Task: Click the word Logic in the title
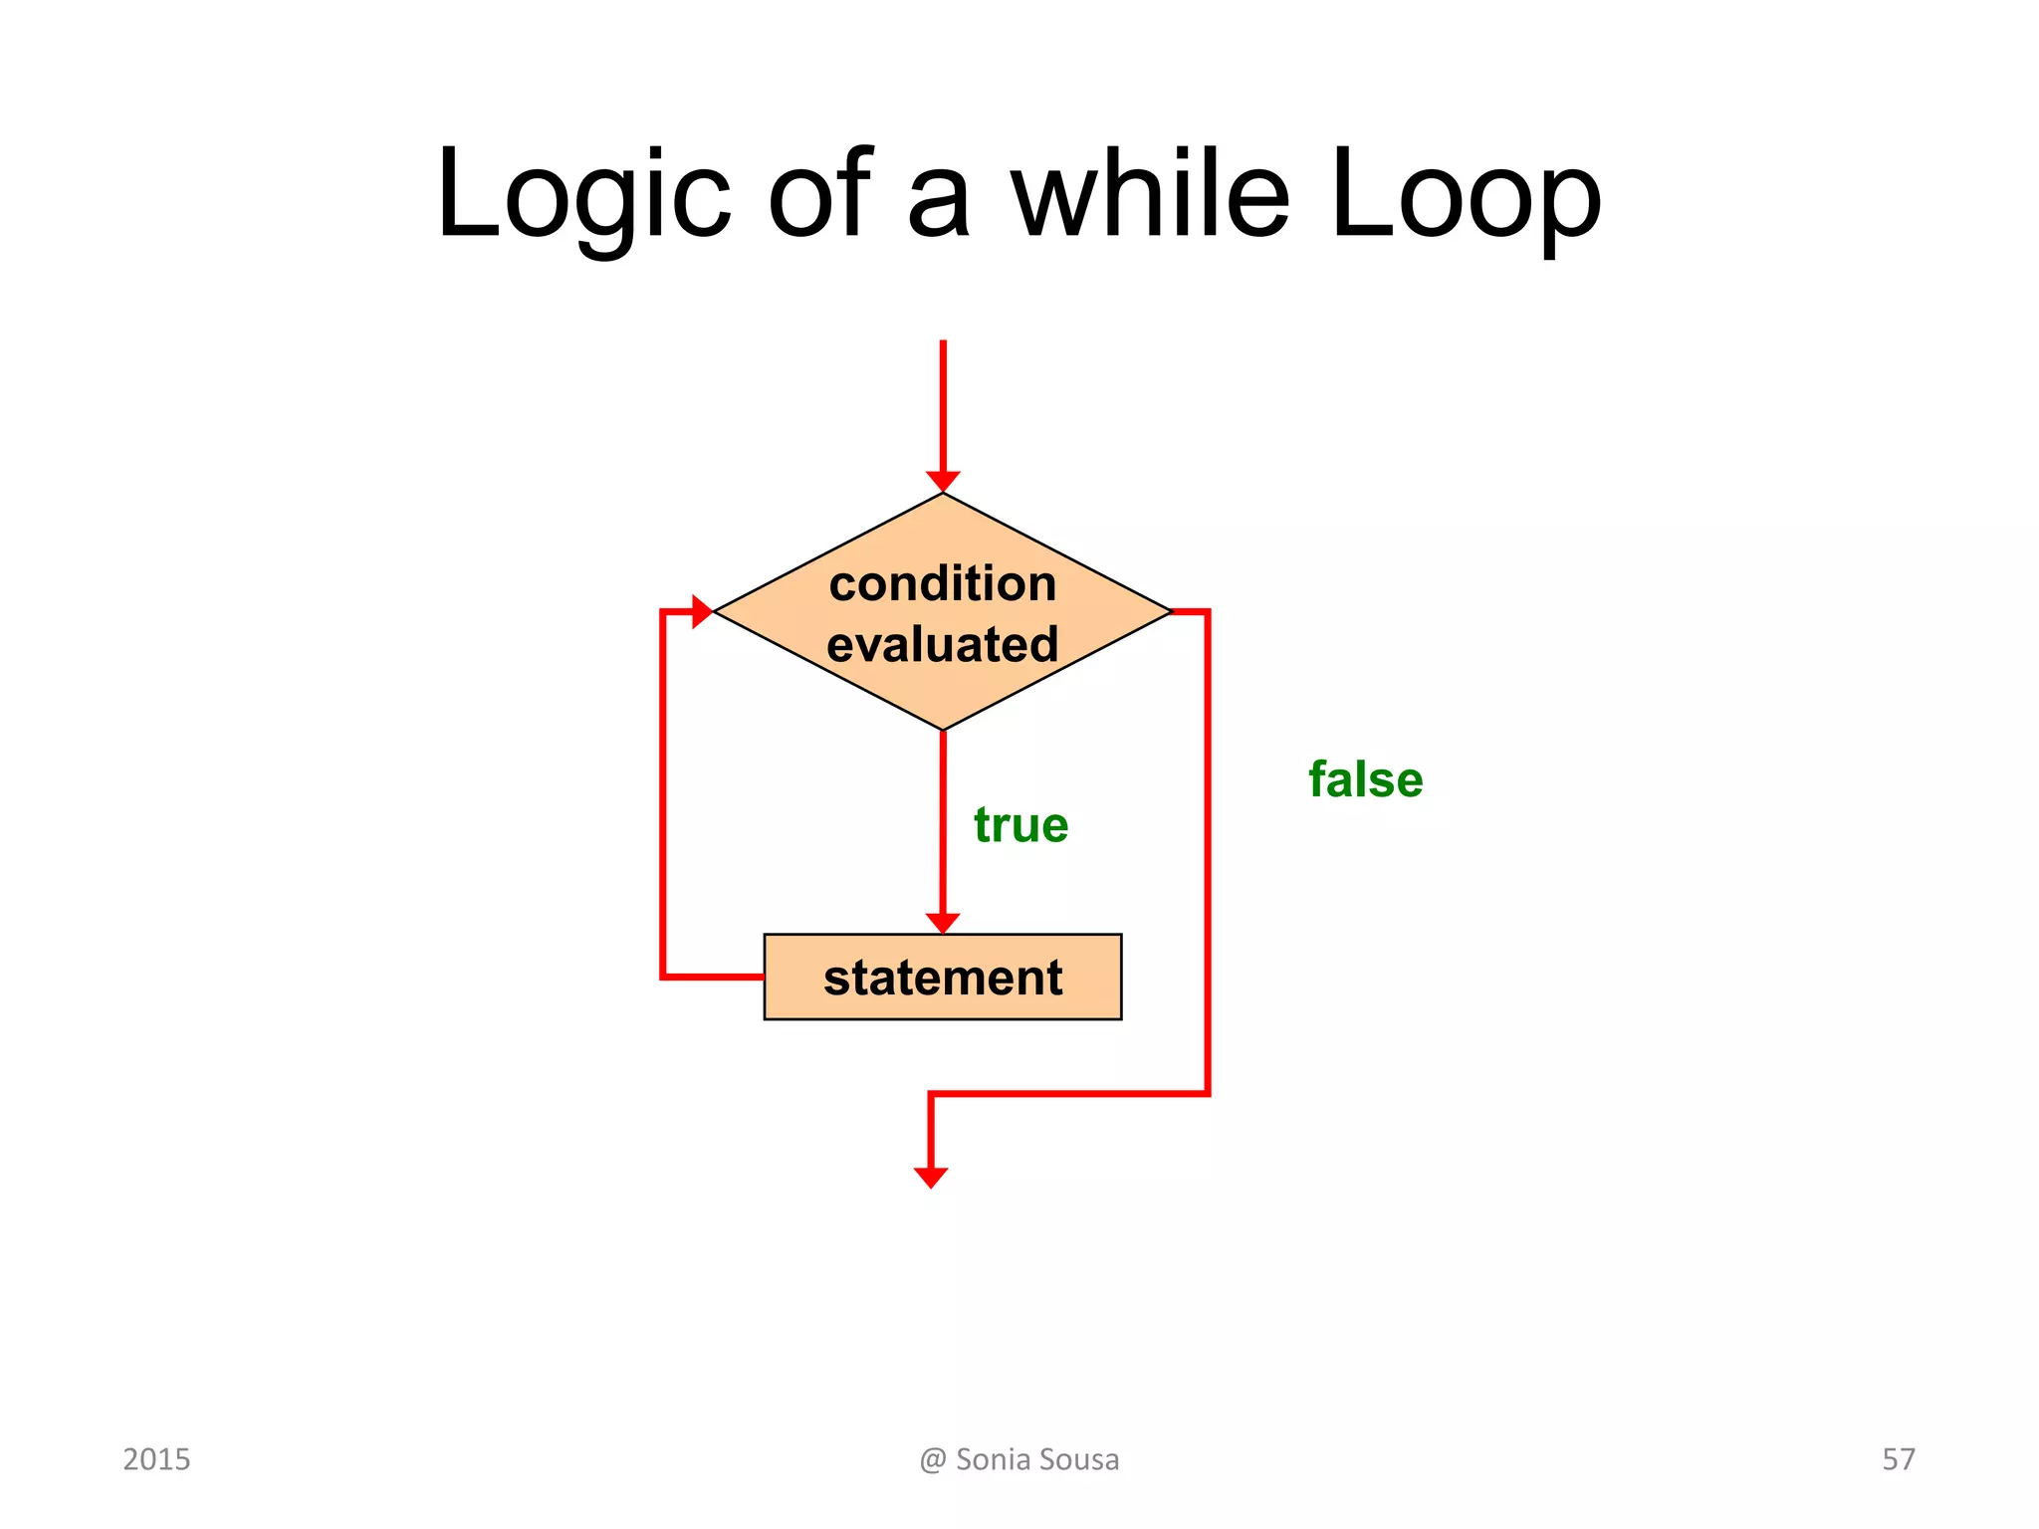click(x=583, y=194)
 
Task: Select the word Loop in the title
click(x=1466, y=194)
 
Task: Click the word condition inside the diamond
click(x=943, y=583)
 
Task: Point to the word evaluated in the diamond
click(x=943, y=644)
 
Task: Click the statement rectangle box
click(x=943, y=977)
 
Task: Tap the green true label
click(x=1020, y=825)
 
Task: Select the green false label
click(x=1365, y=779)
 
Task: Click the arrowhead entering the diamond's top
click(x=943, y=482)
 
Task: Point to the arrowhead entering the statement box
click(x=943, y=923)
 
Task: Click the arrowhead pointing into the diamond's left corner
click(x=702, y=611)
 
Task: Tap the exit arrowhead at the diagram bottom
click(x=931, y=1178)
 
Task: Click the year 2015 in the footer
click(x=156, y=1459)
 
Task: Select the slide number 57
click(x=1898, y=1459)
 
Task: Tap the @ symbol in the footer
click(x=933, y=1460)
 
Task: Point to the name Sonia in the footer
click(x=992, y=1459)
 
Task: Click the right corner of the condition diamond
click(x=1169, y=611)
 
